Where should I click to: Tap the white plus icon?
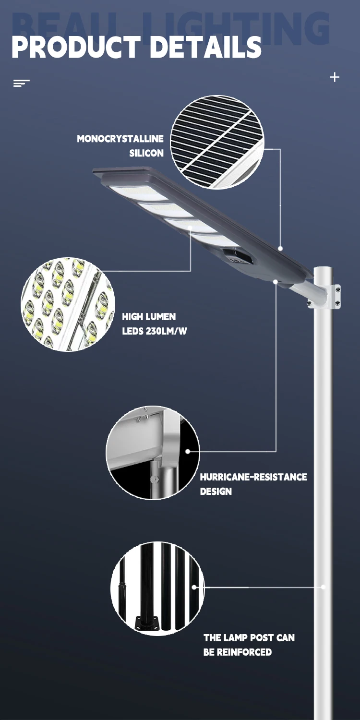coord(335,77)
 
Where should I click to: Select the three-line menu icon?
coord(21,83)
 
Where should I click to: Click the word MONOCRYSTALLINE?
coord(120,139)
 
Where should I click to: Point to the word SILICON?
coord(146,153)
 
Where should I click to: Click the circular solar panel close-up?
coord(217,142)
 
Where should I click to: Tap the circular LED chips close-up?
coord(68,304)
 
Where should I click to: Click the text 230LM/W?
coord(166,331)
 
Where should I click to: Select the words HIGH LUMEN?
coord(149,317)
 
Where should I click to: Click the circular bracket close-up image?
coord(153,453)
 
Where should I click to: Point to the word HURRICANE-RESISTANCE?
coord(253,477)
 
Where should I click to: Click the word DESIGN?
coord(216,491)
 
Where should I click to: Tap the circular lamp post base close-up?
coord(157,588)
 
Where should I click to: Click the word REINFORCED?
coord(244,652)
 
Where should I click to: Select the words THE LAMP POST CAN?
coord(249,637)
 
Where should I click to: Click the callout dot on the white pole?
coord(323,587)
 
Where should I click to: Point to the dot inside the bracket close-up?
coord(188,451)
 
